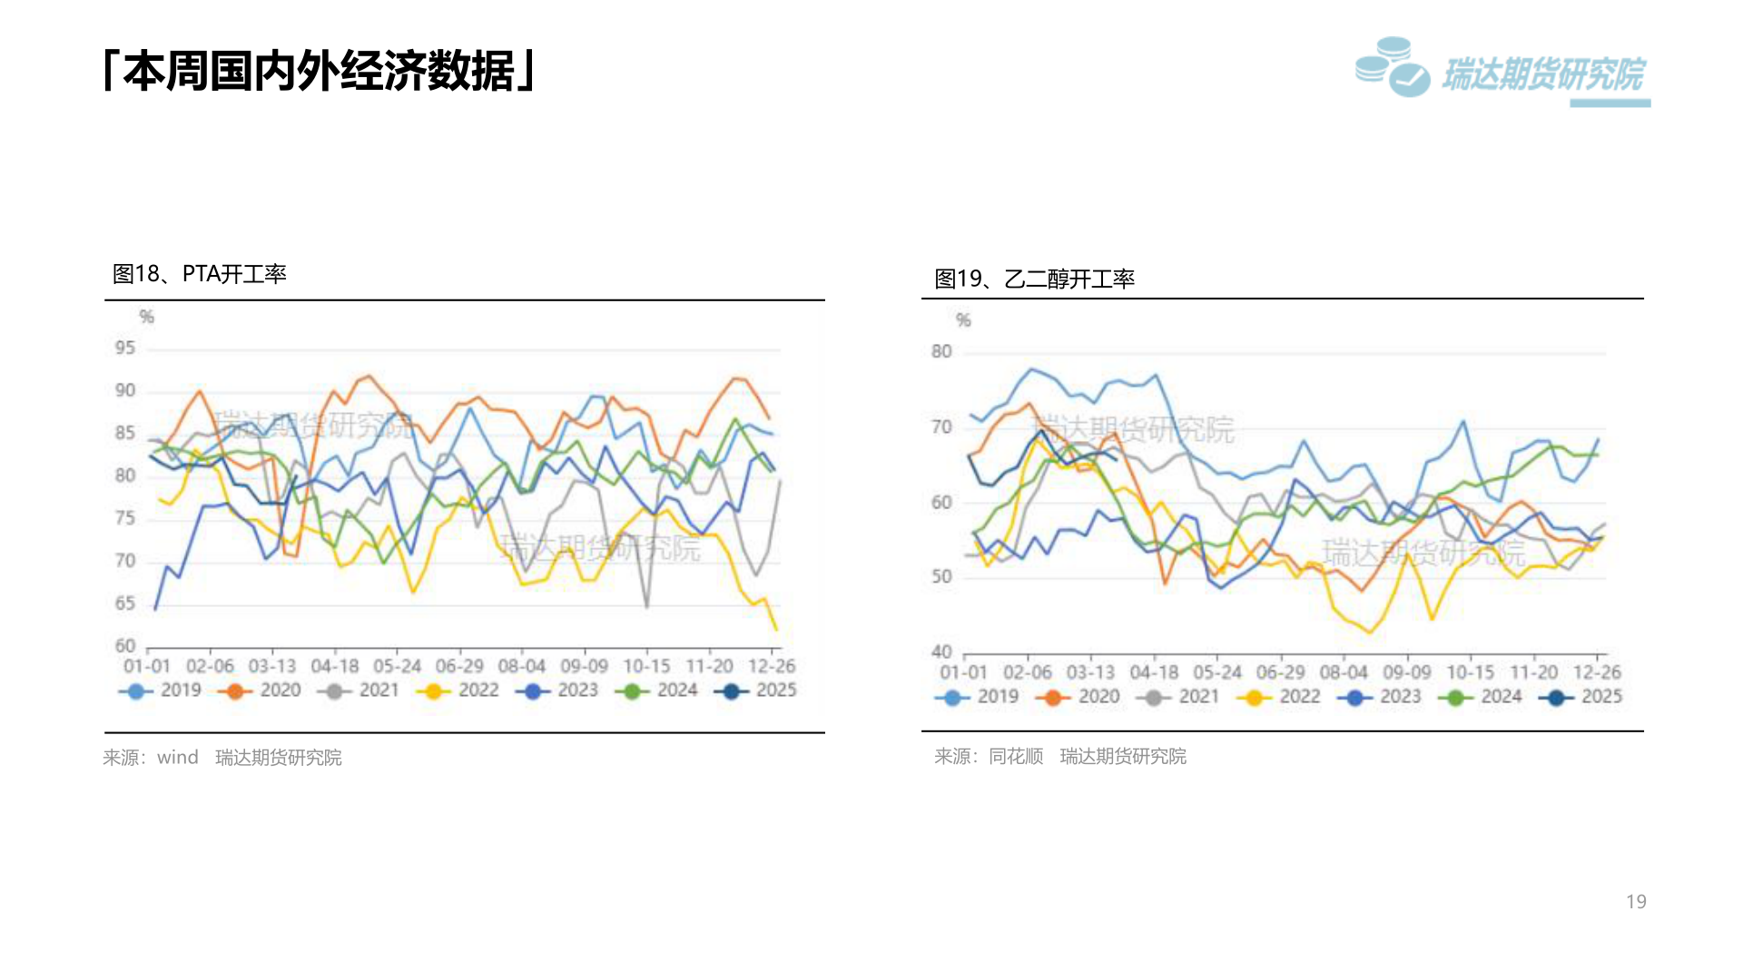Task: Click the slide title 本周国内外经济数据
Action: (x=320, y=71)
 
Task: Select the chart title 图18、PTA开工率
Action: (x=199, y=274)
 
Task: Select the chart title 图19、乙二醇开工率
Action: (x=1034, y=279)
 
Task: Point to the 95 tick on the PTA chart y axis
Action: (x=125, y=348)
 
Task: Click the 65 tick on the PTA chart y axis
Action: (x=125, y=603)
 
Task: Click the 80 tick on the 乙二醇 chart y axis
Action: (x=941, y=352)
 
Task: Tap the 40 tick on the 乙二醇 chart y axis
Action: (x=941, y=652)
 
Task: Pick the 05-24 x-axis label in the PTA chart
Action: (x=398, y=666)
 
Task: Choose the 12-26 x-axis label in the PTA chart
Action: (x=772, y=666)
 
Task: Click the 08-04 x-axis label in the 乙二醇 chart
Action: (x=1344, y=672)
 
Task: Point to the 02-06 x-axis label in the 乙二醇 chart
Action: (x=1027, y=672)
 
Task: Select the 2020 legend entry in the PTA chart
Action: (x=261, y=691)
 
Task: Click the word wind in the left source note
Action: (x=177, y=758)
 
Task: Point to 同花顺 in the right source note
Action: (x=1016, y=757)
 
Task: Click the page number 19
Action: (x=1636, y=902)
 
